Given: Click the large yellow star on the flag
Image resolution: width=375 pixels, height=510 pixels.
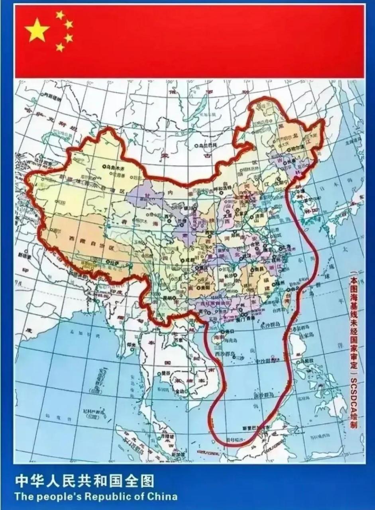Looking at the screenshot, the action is click(x=37, y=30).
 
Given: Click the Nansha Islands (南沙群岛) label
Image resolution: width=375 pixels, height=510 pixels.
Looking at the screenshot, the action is click(x=263, y=395).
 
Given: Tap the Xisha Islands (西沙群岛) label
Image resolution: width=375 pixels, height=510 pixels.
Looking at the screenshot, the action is click(x=223, y=354).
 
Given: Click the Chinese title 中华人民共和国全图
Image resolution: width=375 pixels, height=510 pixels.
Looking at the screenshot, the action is click(x=84, y=482).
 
